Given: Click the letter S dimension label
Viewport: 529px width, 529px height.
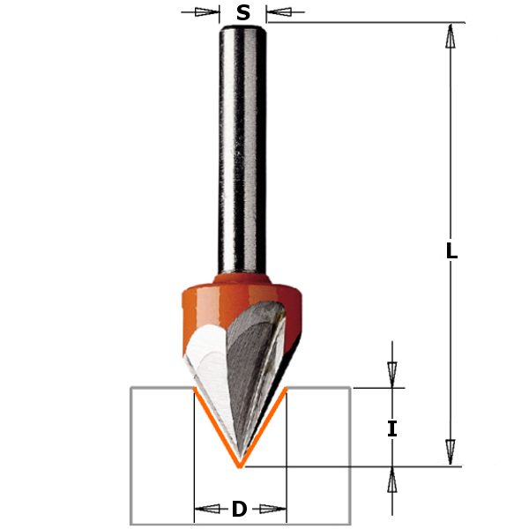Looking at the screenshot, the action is click(243, 13).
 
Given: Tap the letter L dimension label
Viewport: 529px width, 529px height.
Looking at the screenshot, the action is click(451, 251).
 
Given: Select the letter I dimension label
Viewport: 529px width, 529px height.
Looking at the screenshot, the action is click(391, 428).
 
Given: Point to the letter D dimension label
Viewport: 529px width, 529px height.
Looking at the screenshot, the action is click(239, 509).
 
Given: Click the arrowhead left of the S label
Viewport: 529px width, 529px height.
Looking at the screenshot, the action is click(207, 12).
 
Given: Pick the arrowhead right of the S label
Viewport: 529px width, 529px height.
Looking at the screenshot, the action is click(279, 12).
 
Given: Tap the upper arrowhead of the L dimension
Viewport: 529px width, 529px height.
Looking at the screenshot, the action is click(450, 36).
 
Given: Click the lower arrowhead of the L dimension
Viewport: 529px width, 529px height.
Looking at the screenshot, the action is click(450, 452).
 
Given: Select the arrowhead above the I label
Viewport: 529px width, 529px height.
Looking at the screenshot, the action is click(391, 375).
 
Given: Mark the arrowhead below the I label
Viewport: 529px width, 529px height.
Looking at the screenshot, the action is click(391, 481).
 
